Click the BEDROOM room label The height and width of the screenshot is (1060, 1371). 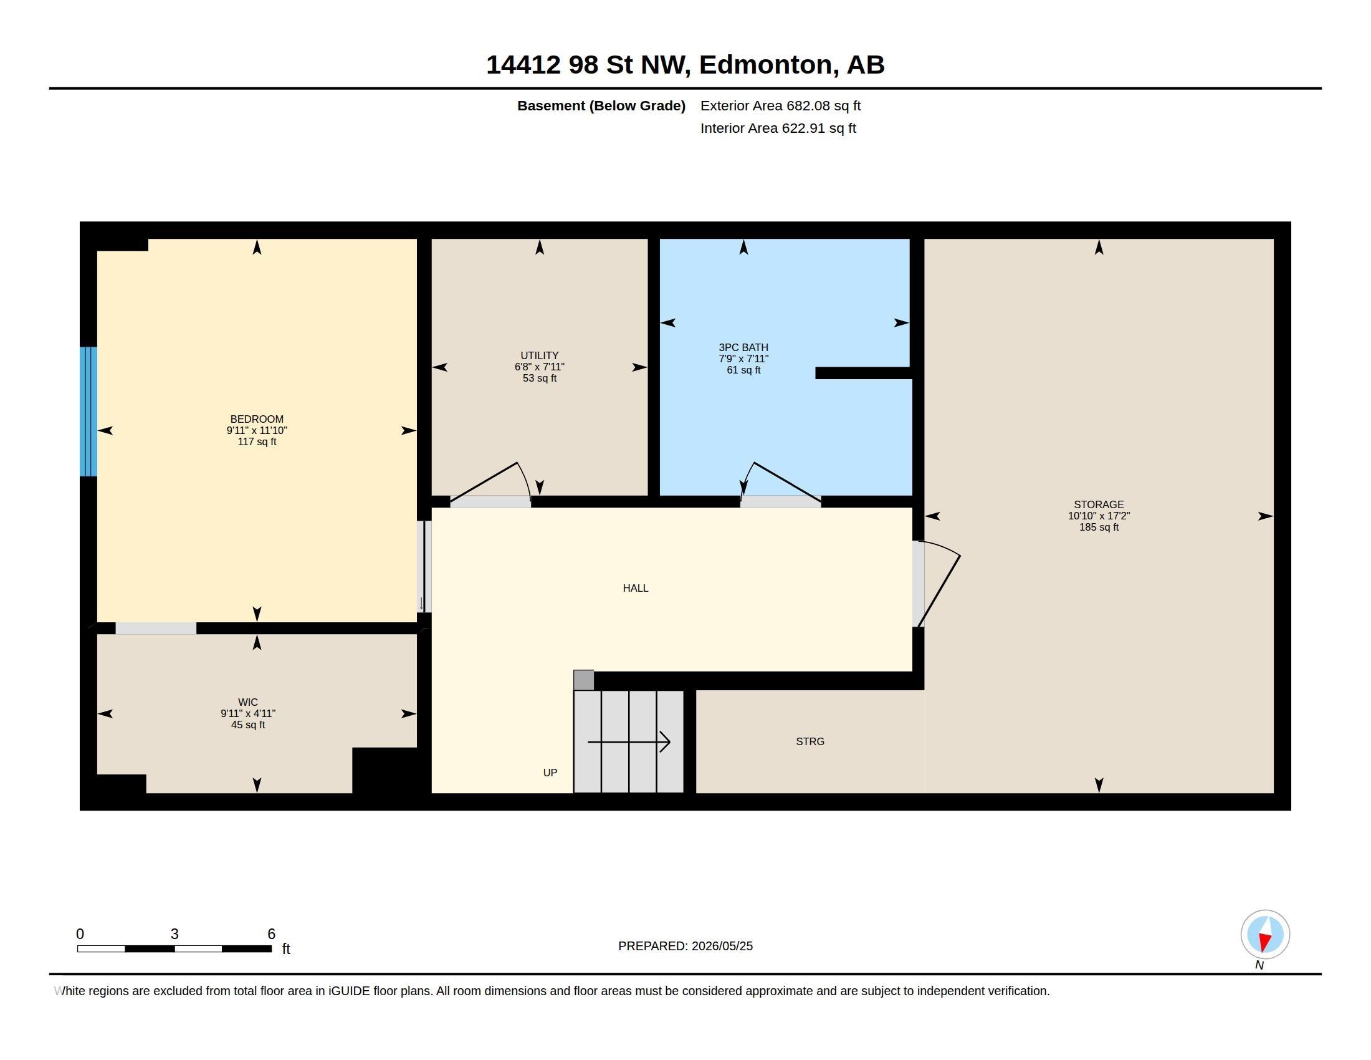257,419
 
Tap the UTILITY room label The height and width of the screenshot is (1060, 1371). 539,355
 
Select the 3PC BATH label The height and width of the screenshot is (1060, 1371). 743,347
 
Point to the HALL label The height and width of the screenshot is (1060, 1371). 635,588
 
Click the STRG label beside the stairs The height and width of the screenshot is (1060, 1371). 810,741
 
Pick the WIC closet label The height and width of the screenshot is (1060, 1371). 248,702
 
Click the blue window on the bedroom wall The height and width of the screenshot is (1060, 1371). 88,412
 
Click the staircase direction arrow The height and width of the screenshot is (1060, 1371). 629,742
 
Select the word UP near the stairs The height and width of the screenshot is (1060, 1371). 550,773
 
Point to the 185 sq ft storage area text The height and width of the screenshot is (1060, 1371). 1099,528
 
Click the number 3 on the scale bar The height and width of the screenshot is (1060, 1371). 174,934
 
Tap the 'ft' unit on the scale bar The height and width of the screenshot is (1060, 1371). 286,948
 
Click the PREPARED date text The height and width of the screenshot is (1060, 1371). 685,946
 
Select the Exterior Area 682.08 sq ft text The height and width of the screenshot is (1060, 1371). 780,105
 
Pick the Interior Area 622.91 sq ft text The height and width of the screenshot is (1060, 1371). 778,128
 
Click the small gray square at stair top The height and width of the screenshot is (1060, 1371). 584,680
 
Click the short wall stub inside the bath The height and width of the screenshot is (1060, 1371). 863,373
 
